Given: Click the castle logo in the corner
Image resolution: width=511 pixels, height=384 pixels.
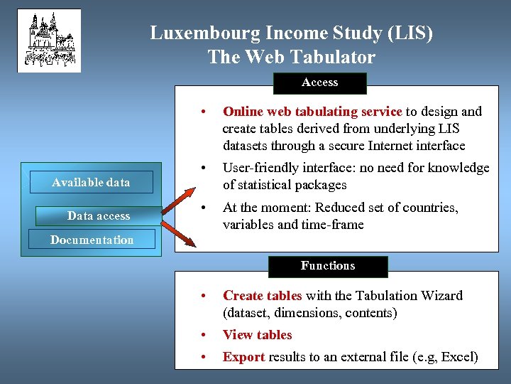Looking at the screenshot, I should [49, 41].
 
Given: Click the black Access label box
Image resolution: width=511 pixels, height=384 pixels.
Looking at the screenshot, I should [319, 82].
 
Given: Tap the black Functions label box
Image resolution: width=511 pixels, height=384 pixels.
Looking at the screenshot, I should [327, 266].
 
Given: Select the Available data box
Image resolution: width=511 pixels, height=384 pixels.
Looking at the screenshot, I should [91, 182].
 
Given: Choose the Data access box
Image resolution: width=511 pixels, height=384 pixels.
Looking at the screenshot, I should [99, 215].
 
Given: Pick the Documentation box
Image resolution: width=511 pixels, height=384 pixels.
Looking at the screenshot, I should [92, 240].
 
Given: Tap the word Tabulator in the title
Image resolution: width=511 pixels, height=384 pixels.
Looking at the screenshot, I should [332, 57].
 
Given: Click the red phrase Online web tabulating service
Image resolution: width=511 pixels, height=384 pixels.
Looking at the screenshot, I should [312, 112].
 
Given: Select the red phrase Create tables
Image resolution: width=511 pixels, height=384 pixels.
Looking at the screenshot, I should [262, 296].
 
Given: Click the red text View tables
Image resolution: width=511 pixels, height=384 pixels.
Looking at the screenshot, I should [257, 335].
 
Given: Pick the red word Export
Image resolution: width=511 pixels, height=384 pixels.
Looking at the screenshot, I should [243, 357].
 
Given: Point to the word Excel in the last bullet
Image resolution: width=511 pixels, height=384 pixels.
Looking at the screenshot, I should [458, 357].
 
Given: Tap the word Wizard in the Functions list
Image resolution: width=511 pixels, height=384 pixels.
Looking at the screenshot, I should [441, 296].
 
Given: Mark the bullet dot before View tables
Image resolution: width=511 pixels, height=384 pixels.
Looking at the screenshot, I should [204, 335].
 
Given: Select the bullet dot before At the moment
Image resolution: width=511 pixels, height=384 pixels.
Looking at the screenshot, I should [204, 208].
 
